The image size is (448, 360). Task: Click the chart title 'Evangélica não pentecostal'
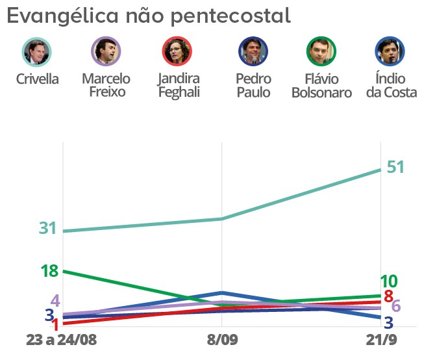coord(149,16)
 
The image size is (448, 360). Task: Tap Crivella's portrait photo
coord(36,52)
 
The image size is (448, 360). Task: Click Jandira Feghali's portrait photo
coord(177,52)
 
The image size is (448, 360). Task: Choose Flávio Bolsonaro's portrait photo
coord(321,52)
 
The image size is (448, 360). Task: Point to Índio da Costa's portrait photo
coord(390,52)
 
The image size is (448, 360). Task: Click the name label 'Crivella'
coord(37,80)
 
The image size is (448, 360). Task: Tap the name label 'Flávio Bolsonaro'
coord(321,86)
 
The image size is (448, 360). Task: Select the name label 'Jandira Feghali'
coord(178,86)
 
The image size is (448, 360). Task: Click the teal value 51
coord(395,167)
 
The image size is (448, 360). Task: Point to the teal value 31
coord(48,229)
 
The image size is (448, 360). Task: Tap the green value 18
coord(50,271)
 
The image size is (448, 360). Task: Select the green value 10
coord(388,281)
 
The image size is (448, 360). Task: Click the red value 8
coord(388,296)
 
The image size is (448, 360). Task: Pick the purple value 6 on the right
coord(396,307)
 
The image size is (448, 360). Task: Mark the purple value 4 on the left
coord(55,301)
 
